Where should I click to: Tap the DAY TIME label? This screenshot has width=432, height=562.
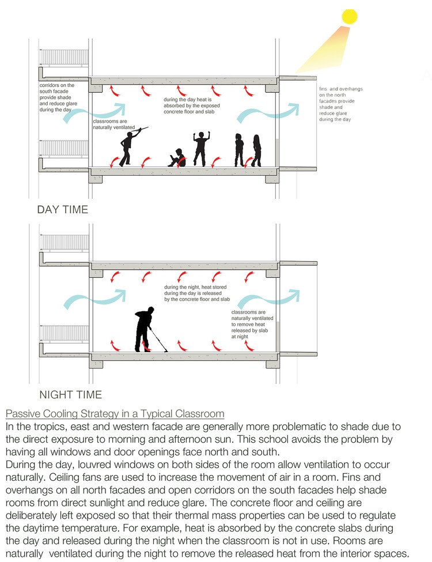click(63, 209)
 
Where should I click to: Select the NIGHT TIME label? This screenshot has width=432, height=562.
click(70, 395)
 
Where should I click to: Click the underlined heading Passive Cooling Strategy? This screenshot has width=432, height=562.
click(115, 414)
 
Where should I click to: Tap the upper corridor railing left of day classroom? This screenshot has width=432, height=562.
click(63, 58)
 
